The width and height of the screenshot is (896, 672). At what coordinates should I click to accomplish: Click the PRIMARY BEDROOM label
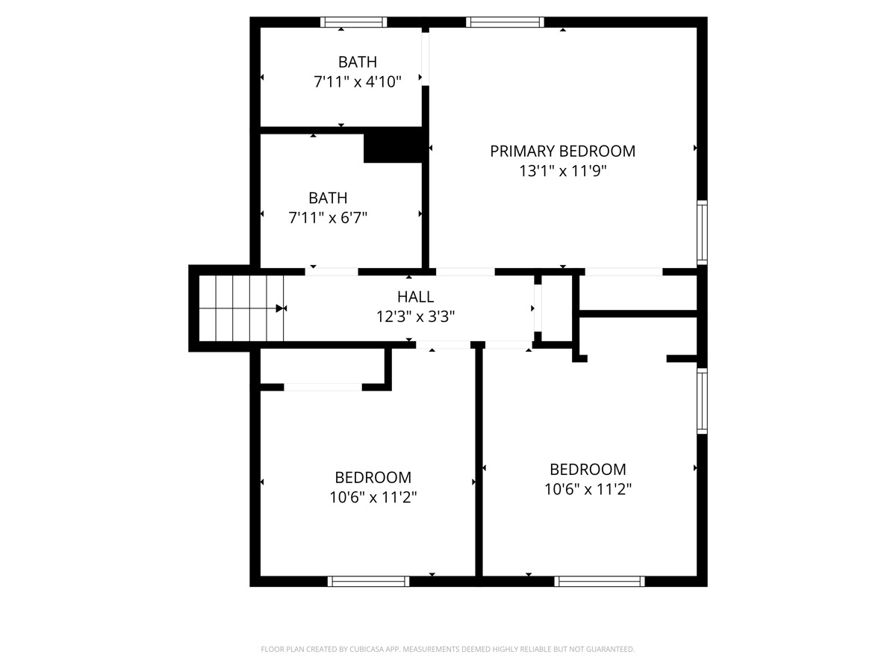(x=562, y=152)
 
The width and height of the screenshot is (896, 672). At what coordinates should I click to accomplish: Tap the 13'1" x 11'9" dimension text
(x=562, y=171)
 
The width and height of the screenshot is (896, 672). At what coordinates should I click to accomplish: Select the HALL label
(x=416, y=296)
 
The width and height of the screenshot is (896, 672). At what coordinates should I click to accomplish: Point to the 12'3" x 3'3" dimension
(x=416, y=316)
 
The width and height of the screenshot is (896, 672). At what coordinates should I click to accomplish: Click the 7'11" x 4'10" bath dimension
(x=358, y=82)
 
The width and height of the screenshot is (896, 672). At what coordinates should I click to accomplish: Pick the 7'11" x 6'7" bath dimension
(x=328, y=218)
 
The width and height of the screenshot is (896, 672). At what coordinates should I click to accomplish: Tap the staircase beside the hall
(x=241, y=308)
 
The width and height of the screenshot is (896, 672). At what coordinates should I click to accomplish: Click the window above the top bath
(x=353, y=22)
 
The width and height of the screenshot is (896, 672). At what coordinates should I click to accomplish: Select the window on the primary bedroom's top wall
(x=505, y=22)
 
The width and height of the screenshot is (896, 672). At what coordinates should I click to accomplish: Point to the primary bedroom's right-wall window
(x=702, y=232)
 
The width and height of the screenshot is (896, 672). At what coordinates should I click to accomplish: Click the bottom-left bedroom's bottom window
(x=368, y=582)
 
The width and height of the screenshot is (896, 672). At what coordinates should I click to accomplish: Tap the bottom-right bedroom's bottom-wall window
(x=600, y=582)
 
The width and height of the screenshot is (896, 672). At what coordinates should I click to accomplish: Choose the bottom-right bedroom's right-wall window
(x=702, y=401)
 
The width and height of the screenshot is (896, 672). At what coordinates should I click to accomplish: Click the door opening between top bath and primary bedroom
(x=426, y=59)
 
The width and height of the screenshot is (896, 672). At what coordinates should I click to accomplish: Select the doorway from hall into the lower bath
(x=332, y=272)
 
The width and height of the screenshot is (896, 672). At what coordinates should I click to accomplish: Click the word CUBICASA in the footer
(x=367, y=649)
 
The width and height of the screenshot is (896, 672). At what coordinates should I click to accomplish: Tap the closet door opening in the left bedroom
(x=323, y=388)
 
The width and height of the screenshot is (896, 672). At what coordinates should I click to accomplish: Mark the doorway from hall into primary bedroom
(x=465, y=272)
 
